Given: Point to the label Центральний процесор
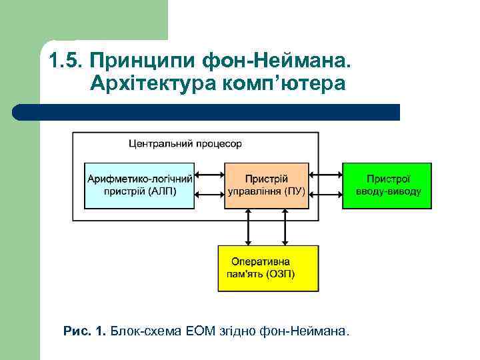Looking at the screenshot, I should point(185,143).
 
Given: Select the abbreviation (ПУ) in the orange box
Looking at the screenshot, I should point(293,191).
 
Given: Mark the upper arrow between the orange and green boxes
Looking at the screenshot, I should point(326,177).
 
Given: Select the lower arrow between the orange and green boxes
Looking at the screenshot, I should point(326,195).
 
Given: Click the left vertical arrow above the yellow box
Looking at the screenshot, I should point(248,227).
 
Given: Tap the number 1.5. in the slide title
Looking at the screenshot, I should point(65,62).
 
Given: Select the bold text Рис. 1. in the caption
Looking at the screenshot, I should point(84,331).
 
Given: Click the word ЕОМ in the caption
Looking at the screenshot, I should point(204,331).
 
